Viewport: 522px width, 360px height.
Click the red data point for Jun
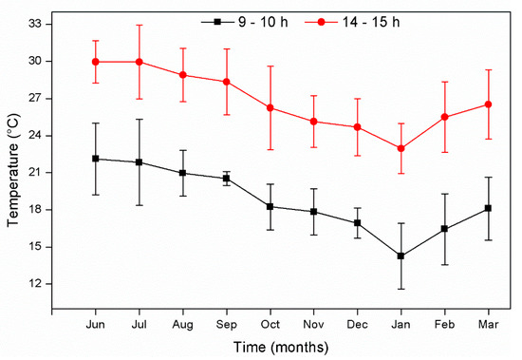click(x=95, y=62)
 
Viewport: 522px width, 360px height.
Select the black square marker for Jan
click(x=401, y=256)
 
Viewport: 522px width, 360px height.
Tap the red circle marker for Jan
click(x=401, y=148)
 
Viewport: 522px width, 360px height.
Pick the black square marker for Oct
click(x=270, y=206)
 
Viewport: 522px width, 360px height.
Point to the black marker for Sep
click(x=227, y=178)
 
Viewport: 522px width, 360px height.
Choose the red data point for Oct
click(x=270, y=107)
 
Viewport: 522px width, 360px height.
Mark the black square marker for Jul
click(x=140, y=162)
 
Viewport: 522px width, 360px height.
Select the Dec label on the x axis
click(x=358, y=324)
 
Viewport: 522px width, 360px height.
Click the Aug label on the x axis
click(x=183, y=324)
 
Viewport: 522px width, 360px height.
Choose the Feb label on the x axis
click(x=445, y=324)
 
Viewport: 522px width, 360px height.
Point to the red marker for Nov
click(x=314, y=122)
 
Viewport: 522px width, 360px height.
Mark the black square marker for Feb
click(x=445, y=229)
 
